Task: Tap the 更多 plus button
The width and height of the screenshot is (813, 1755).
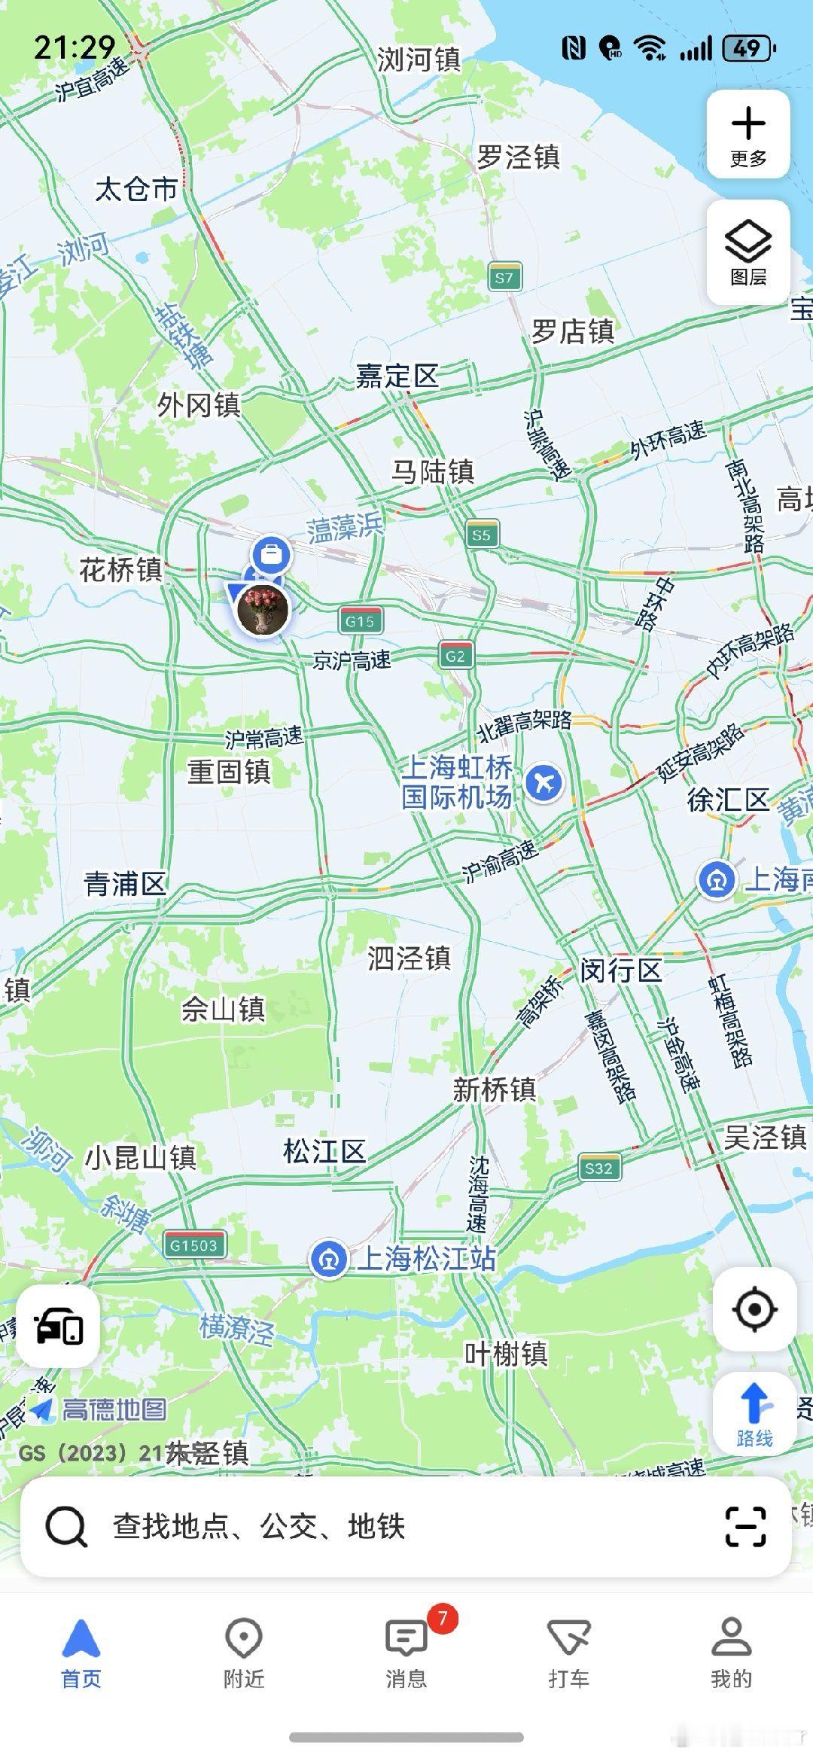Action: click(x=748, y=134)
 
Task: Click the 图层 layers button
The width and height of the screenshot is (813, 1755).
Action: click(x=748, y=252)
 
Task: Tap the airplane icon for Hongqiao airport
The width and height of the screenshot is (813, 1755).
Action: click(x=544, y=783)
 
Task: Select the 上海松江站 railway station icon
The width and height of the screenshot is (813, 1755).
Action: click(x=329, y=1259)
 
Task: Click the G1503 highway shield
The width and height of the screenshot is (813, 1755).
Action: click(x=194, y=1245)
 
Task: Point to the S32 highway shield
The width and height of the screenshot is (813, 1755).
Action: click(x=599, y=1168)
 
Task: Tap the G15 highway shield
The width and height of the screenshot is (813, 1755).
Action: click(x=360, y=621)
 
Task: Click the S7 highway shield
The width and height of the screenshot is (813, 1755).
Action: click(x=504, y=277)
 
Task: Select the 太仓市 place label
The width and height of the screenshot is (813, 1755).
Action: click(x=135, y=188)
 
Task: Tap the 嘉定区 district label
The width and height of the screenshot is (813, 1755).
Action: click(x=397, y=375)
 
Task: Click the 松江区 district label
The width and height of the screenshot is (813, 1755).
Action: click(x=324, y=1150)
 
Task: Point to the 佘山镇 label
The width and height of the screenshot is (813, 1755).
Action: click(x=223, y=1009)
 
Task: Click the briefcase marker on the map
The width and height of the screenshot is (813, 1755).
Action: click(x=271, y=555)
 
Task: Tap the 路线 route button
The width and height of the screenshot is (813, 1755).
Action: click(x=754, y=1415)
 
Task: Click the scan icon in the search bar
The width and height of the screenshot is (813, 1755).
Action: click(x=745, y=1526)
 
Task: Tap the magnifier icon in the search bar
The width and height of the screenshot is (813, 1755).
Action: click(x=66, y=1526)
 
